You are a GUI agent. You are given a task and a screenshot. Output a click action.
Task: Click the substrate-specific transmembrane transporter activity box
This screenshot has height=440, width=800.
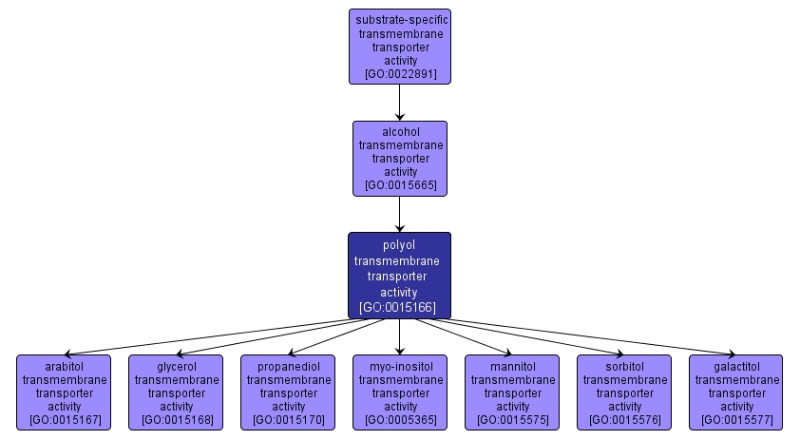tap(399, 46)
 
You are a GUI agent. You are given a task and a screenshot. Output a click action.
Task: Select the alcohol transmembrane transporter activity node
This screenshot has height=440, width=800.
tap(399, 158)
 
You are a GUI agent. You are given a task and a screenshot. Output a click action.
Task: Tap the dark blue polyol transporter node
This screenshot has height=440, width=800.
tap(399, 276)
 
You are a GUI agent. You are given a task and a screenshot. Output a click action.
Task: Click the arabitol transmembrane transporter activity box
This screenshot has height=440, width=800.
tap(64, 392)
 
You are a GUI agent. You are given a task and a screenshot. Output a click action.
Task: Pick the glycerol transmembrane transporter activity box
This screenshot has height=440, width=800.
tap(176, 392)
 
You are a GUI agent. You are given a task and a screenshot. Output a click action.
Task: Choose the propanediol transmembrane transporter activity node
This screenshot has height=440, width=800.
tap(288, 392)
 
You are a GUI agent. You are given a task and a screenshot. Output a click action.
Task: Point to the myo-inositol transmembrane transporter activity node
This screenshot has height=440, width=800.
tap(400, 392)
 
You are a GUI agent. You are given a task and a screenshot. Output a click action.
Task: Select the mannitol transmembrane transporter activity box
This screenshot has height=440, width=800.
tap(512, 392)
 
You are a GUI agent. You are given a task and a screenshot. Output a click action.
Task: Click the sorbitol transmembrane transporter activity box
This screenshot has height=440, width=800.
tap(624, 392)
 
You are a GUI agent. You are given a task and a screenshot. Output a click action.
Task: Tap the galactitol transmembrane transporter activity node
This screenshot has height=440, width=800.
tap(736, 392)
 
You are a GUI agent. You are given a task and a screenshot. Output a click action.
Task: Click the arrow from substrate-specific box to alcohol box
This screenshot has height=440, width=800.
tap(399, 102)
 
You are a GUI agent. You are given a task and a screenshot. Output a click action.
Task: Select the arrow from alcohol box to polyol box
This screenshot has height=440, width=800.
tap(399, 214)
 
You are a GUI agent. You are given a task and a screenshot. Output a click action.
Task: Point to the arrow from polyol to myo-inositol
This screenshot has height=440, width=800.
tap(399, 336)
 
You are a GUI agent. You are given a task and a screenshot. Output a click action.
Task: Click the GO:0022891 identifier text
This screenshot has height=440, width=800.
tap(400, 73)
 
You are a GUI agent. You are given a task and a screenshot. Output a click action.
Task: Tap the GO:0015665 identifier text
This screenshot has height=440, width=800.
tap(400, 185)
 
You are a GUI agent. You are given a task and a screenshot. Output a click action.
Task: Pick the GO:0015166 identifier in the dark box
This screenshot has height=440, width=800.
tap(399, 308)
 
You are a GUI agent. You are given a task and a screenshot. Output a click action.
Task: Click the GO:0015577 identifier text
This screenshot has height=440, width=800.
tap(736, 419)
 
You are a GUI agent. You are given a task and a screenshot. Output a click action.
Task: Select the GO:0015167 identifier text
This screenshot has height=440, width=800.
tap(64, 419)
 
